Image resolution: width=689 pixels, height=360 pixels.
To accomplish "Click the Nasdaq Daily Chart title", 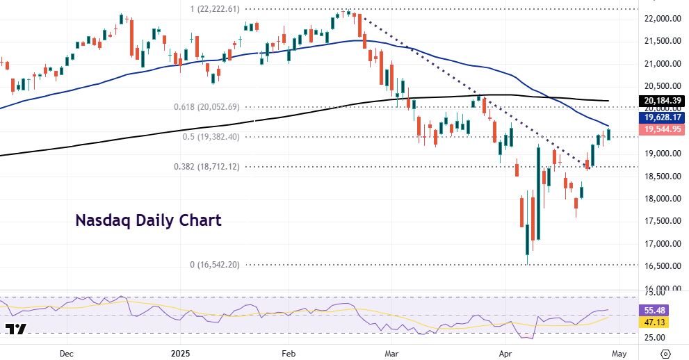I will click(x=148, y=221).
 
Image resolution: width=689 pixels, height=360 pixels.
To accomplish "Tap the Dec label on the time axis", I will click(x=67, y=353).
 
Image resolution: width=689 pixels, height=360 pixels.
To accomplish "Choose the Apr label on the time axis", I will click(x=505, y=353).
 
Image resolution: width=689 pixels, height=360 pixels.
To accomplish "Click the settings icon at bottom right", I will click(x=665, y=353).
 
